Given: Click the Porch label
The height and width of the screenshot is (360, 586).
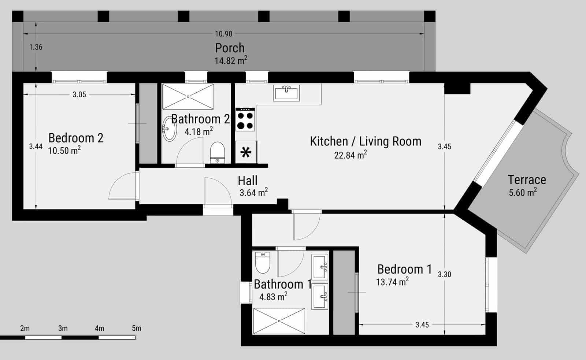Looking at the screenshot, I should point(230,48).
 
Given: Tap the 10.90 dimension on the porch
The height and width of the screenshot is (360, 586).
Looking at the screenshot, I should point(223,34).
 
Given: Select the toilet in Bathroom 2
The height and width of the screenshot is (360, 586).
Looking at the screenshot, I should point(217,152).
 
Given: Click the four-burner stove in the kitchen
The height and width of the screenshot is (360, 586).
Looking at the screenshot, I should point(245,120).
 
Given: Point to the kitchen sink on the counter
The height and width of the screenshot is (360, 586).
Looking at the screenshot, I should point(286,93).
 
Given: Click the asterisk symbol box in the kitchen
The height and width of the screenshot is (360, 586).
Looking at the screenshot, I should point(246,152).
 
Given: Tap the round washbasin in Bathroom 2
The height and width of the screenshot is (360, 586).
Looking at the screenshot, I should point(169,129).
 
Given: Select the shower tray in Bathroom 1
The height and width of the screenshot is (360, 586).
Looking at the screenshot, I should point(279,321).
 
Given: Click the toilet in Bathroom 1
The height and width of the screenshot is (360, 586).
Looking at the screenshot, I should point(263,263).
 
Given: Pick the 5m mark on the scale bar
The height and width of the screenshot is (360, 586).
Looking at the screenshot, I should point(136,329).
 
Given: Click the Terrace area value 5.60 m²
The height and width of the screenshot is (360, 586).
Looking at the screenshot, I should point(523,192).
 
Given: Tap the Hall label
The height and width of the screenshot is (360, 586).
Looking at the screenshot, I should point(248,181).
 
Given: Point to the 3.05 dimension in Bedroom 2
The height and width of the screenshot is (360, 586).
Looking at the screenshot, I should point(79,94).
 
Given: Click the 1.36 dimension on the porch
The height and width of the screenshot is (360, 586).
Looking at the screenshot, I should point(36,47).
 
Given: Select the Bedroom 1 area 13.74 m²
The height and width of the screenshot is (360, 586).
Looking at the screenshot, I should point(392,282).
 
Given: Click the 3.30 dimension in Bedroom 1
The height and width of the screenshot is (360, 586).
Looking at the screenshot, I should point(444,274).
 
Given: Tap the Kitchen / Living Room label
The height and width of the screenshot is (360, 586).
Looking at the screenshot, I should point(366,141).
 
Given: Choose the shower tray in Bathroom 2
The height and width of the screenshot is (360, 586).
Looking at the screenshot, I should point(188,96).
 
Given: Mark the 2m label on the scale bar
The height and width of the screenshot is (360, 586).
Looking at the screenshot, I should point(25,329).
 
